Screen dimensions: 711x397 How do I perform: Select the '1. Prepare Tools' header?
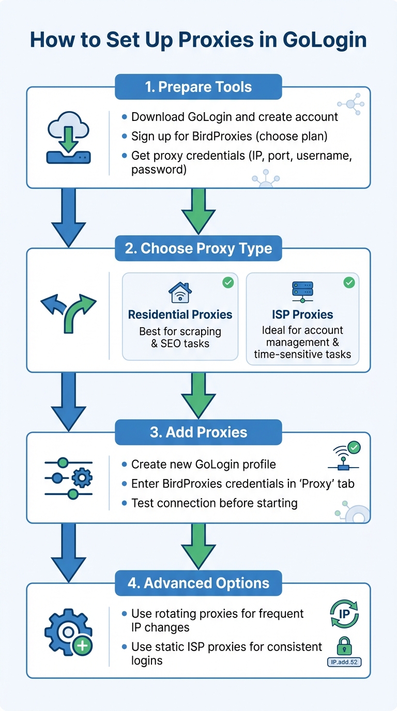[198, 87]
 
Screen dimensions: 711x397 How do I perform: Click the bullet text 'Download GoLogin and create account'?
[235, 117]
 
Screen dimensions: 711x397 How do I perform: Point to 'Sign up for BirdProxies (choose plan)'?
[230, 136]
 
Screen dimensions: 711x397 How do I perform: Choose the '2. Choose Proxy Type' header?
[198, 248]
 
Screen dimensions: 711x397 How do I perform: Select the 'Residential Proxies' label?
[180, 315]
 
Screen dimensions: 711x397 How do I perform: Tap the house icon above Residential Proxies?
[180, 292]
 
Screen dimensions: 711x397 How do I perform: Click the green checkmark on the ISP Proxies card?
[349, 282]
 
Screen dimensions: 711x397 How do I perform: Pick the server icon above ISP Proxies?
[303, 292]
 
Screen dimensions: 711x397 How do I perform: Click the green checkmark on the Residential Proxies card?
[227, 282]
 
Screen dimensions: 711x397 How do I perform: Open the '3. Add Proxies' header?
[198, 432]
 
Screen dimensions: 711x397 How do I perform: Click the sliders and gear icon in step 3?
[69, 478]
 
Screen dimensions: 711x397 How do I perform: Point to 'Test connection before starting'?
[214, 503]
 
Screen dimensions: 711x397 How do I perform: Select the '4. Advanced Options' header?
[198, 583]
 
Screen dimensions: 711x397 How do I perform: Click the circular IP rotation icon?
[344, 614]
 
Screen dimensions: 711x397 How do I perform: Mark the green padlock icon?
[344, 646]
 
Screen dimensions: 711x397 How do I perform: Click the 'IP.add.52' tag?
[344, 661]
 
